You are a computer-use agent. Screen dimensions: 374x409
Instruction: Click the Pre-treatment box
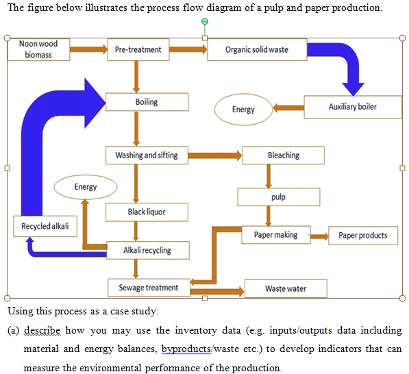tap(138, 49)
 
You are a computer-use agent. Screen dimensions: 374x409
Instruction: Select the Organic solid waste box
tap(257, 49)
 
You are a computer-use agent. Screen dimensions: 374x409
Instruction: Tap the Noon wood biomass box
tap(38, 49)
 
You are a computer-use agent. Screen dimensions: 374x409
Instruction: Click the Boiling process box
tap(147, 102)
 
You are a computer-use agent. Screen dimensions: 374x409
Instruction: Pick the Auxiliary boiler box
tap(353, 108)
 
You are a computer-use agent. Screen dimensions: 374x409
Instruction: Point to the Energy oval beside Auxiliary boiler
tap(243, 110)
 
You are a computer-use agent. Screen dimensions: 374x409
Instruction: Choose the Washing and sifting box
tap(147, 155)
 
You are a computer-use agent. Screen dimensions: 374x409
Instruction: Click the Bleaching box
tap(284, 155)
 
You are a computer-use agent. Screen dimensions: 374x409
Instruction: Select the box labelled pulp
tap(278, 197)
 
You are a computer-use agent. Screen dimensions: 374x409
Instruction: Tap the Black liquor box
tap(147, 212)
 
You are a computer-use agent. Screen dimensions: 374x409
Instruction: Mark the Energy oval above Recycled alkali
tap(86, 186)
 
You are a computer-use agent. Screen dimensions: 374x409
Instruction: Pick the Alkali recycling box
tap(147, 250)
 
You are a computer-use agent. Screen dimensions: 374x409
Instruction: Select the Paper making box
tap(275, 235)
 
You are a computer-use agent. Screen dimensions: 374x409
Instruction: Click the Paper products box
tap(363, 236)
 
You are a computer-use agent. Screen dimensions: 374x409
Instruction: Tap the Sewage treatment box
tap(149, 288)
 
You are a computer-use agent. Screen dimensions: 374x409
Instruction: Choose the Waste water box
tap(286, 288)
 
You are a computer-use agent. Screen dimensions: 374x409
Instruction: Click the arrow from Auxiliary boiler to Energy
tap(289, 108)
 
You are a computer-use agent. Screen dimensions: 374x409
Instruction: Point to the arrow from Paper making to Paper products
tap(319, 236)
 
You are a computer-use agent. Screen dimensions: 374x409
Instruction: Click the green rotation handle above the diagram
tap(204, 22)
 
